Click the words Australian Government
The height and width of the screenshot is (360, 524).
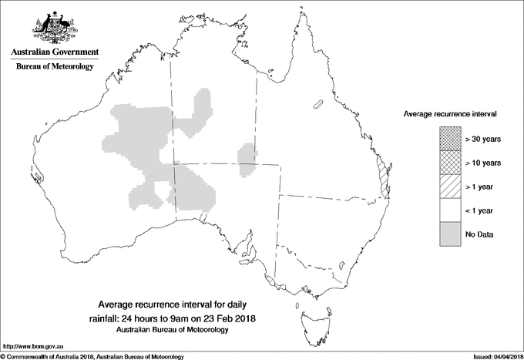point(54,52)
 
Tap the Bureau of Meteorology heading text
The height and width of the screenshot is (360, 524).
point(54,67)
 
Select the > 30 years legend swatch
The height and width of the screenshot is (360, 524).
point(450,138)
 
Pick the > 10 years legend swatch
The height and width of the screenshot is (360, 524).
point(450,162)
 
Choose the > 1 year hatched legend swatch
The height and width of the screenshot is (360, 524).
point(450,186)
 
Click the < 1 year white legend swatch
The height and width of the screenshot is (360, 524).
point(450,210)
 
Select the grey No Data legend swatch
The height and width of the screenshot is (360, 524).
point(450,234)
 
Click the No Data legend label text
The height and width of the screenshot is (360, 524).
point(479,234)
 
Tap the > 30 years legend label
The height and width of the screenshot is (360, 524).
point(483,138)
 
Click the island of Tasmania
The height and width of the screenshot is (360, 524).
point(308,311)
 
